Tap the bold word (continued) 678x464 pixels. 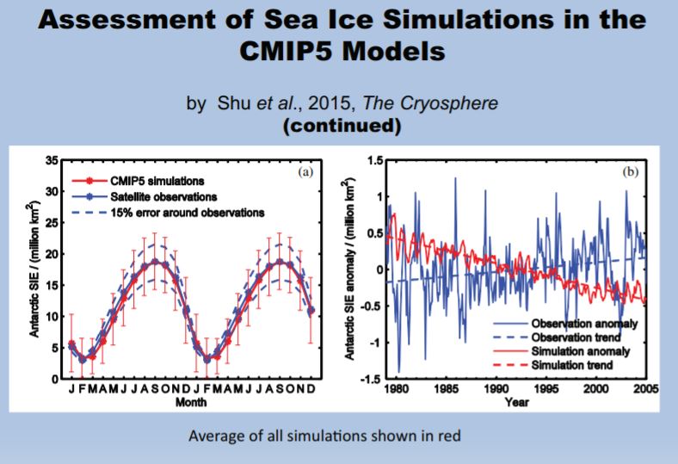coord(339,126)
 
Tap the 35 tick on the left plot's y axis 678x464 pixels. coord(52,160)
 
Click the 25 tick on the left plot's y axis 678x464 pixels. coord(52,223)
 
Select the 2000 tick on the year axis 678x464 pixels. coord(595,389)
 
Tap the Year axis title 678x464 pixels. coord(517,401)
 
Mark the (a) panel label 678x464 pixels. coord(305,171)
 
